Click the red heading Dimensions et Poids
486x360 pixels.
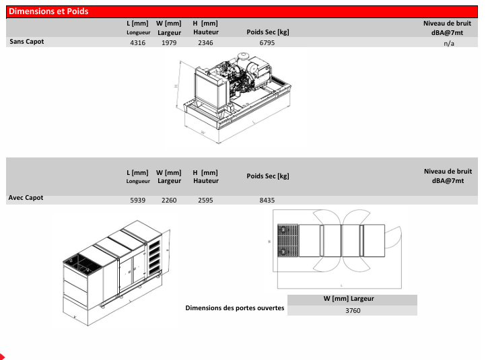click(x=48, y=11)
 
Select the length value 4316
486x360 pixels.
click(x=137, y=43)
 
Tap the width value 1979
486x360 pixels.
click(x=169, y=43)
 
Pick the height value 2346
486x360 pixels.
click(x=205, y=43)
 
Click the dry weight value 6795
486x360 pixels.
click(x=267, y=43)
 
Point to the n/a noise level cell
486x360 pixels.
click(x=449, y=43)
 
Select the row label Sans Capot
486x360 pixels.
click(x=27, y=42)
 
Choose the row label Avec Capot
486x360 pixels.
click(x=26, y=198)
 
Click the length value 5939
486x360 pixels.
click(x=137, y=200)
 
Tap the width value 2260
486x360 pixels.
click(x=169, y=200)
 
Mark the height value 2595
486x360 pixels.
click(x=205, y=200)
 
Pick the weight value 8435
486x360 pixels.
click(x=267, y=200)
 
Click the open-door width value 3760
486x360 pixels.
click(x=353, y=310)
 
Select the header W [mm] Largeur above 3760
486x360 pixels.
click(x=349, y=299)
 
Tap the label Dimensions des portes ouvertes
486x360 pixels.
click(x=235, y=308)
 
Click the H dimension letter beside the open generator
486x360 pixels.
click(x=176, y=86)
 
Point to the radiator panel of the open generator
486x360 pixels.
click(x=207, y=89)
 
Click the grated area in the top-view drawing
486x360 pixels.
click(x=287, y=240)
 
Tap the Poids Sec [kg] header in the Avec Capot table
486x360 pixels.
click(x=268, y=176)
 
